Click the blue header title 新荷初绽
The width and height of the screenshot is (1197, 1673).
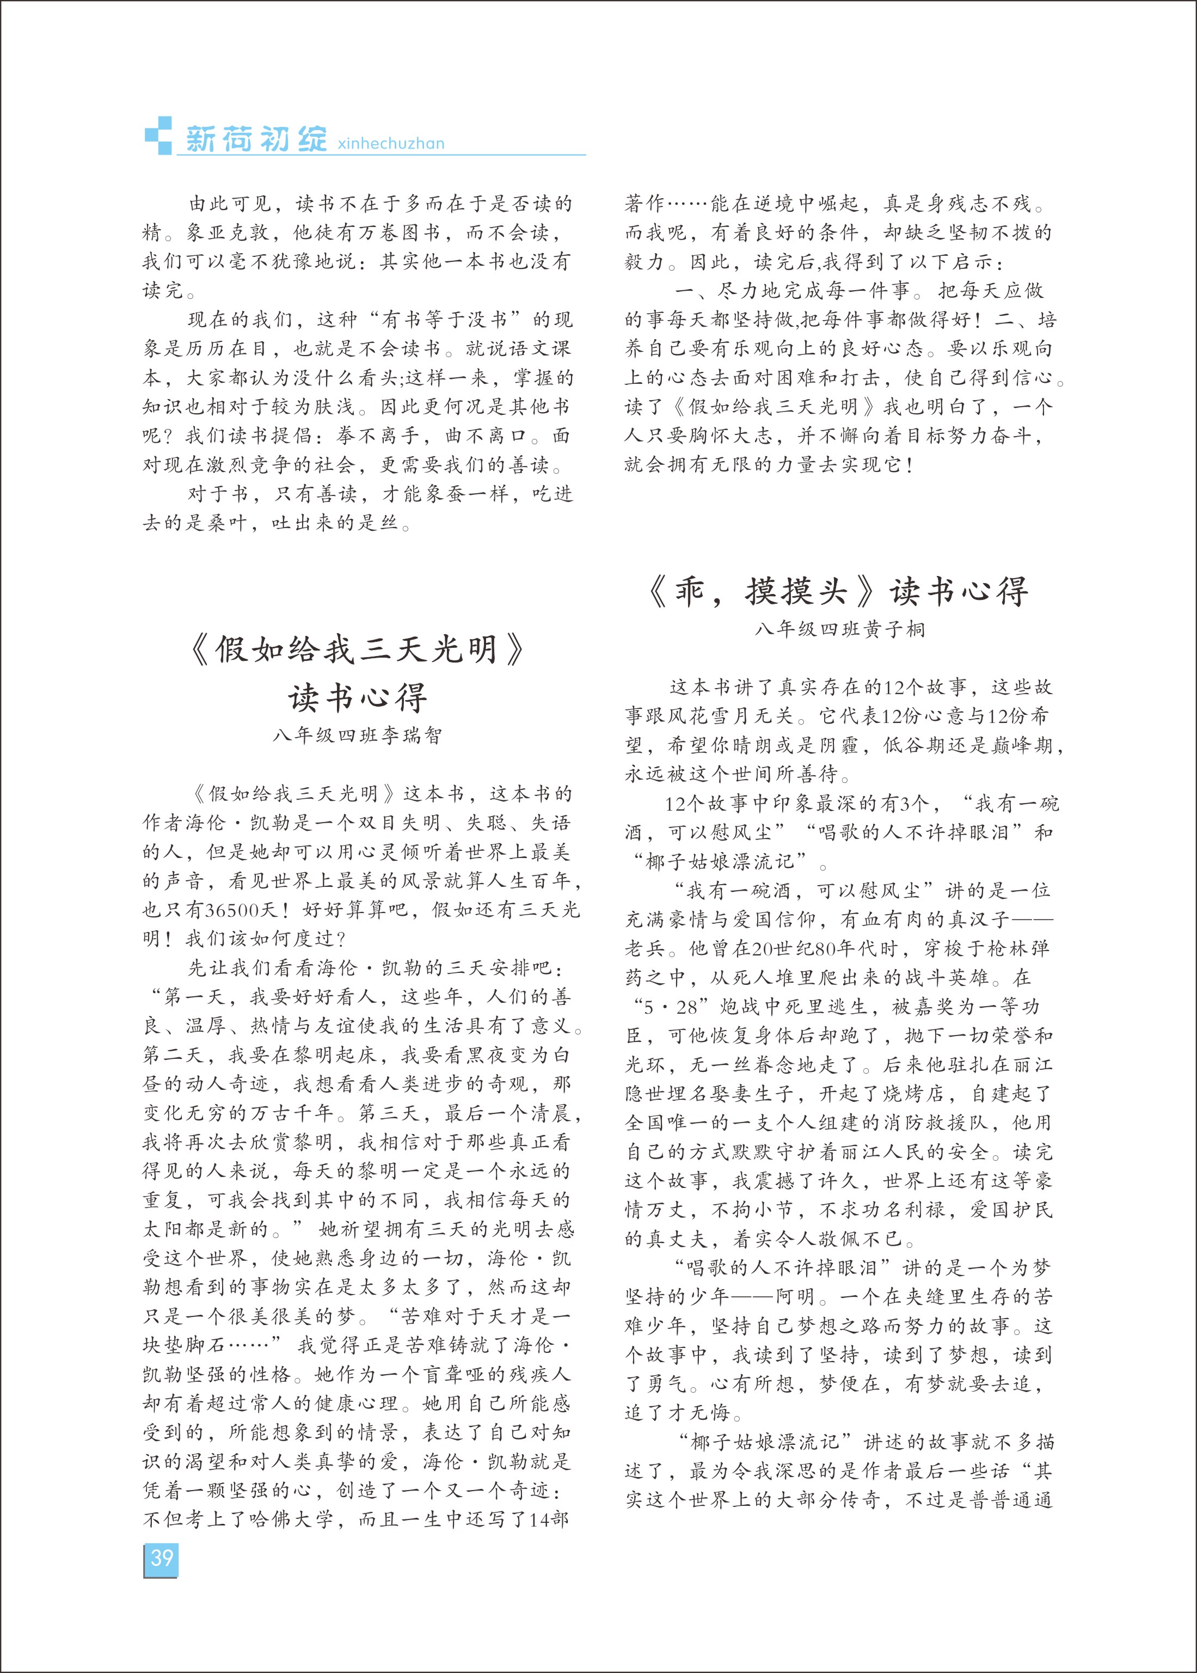(x=255, y=139)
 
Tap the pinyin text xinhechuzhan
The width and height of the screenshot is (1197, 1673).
(x=391, y=144)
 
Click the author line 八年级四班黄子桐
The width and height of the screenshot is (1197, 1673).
(x=839, y=629)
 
